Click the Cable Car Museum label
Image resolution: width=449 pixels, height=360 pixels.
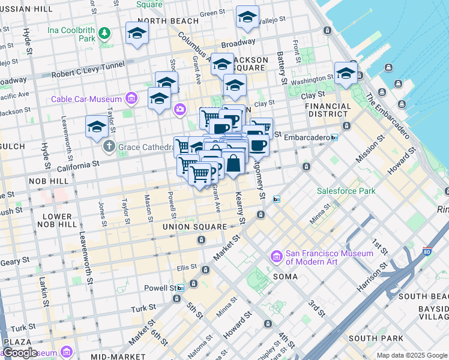coord(86,99)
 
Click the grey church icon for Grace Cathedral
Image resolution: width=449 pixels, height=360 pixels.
coord(109,146)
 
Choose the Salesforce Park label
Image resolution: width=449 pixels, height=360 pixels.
coord(346,191)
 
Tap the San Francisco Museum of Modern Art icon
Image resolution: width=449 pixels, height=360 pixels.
coord(277,257)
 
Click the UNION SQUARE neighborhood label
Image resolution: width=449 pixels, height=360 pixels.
coord(194,227)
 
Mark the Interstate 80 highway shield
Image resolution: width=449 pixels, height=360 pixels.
coord(427,253)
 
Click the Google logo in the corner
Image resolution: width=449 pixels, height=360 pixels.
coord(19,352)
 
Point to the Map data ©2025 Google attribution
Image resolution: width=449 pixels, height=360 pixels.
coord(411,355)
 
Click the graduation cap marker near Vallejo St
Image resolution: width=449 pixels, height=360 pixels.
coord(247,18)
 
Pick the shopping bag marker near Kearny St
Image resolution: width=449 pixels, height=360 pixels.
coord(233,163)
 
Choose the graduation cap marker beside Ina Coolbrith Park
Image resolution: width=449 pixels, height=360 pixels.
coord(137,34)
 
